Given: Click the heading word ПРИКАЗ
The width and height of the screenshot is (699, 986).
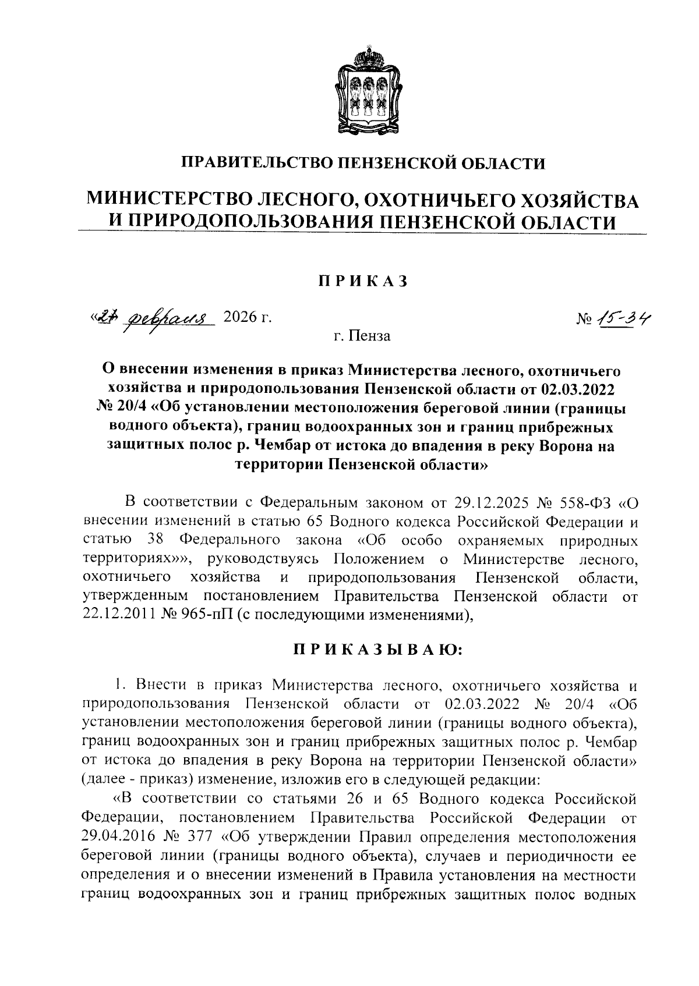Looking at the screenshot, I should tap(361, 282).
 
